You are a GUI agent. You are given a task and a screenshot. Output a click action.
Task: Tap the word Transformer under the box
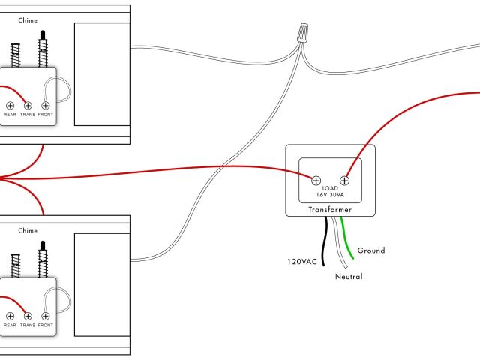pyautogui.click(x=330, y=211)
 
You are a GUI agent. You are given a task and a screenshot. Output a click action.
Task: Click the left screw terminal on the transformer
pyautogui.click(x=316, y=180)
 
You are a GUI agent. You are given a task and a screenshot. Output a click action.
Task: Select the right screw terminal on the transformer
pyautogui.click(x=345, y=180)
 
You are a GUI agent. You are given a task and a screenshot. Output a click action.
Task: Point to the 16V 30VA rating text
pyautogui.click(x=331, y=195)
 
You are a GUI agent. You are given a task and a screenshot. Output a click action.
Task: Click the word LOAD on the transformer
pyautogui.click(x=331, y=188)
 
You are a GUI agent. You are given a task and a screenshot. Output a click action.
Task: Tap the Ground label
pyautogui.click(x=371, y=250)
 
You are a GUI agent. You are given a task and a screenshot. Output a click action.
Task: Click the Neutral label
pyautogui.click(x=349, y=277)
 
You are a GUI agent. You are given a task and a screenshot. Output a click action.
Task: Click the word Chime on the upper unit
pyautogui.click(x=28, y=20)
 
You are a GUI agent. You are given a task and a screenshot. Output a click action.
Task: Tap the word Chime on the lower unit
pyautogui.click(x=28, y=232)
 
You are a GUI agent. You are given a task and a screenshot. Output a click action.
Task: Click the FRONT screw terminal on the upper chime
pyautogui.click(x=46, y=106)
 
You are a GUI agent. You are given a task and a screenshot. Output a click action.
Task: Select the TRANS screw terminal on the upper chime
pyautogui.click(x=28, y=106)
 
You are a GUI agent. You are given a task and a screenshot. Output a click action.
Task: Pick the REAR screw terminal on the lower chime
pyautogui.click(x=10, y=316)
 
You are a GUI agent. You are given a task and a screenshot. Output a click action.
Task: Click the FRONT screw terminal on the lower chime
pyautogui.click(x=46, y=316)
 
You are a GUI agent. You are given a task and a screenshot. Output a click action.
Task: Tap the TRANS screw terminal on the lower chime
pyautogui.click(x=28, y=316)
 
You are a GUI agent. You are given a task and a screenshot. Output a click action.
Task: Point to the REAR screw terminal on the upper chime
pyautogui.click(x=10, y=106)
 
